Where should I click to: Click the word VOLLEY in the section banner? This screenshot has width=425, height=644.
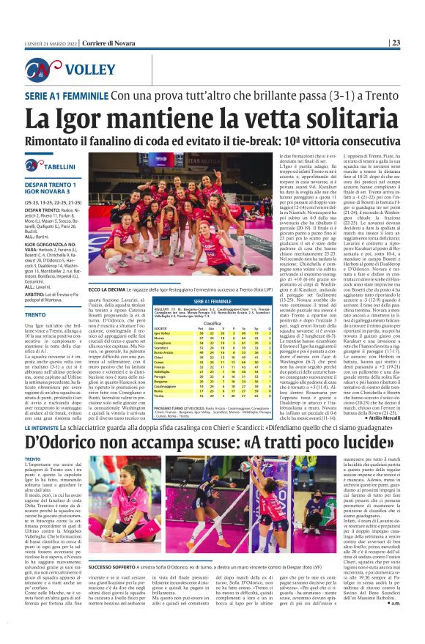pyautogui.click(x=88, y=70)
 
